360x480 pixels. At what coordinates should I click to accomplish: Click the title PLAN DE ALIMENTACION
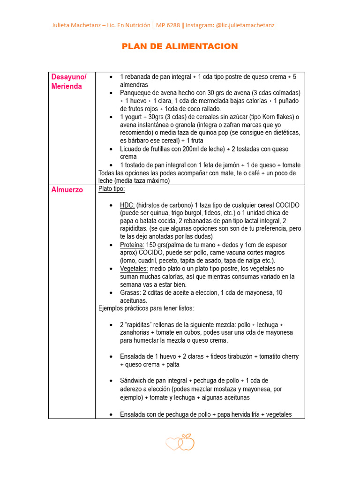click(x=180, y=46)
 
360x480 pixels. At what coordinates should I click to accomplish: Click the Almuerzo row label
click(x=67, y=190)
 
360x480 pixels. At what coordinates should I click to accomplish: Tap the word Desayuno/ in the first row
click(x=69, y=77)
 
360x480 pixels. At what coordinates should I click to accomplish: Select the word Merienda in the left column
click(x=67, y=86)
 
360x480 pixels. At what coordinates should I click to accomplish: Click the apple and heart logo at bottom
click(x=180, y=442)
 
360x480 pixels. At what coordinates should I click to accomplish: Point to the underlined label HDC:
click(x=127, y=205)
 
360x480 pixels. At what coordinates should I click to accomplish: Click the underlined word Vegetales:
click(x=134, y=269)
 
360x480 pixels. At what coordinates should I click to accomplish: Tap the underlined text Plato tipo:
click(x=112, y=189)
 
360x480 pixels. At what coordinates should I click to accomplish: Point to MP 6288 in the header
click(x=170, y=25)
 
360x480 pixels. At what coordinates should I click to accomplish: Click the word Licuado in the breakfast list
click(x=132, y=149)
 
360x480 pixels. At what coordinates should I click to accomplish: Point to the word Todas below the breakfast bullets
click(x=107, y=173)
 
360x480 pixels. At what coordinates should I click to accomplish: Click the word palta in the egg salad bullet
click(x=170, y=364)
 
